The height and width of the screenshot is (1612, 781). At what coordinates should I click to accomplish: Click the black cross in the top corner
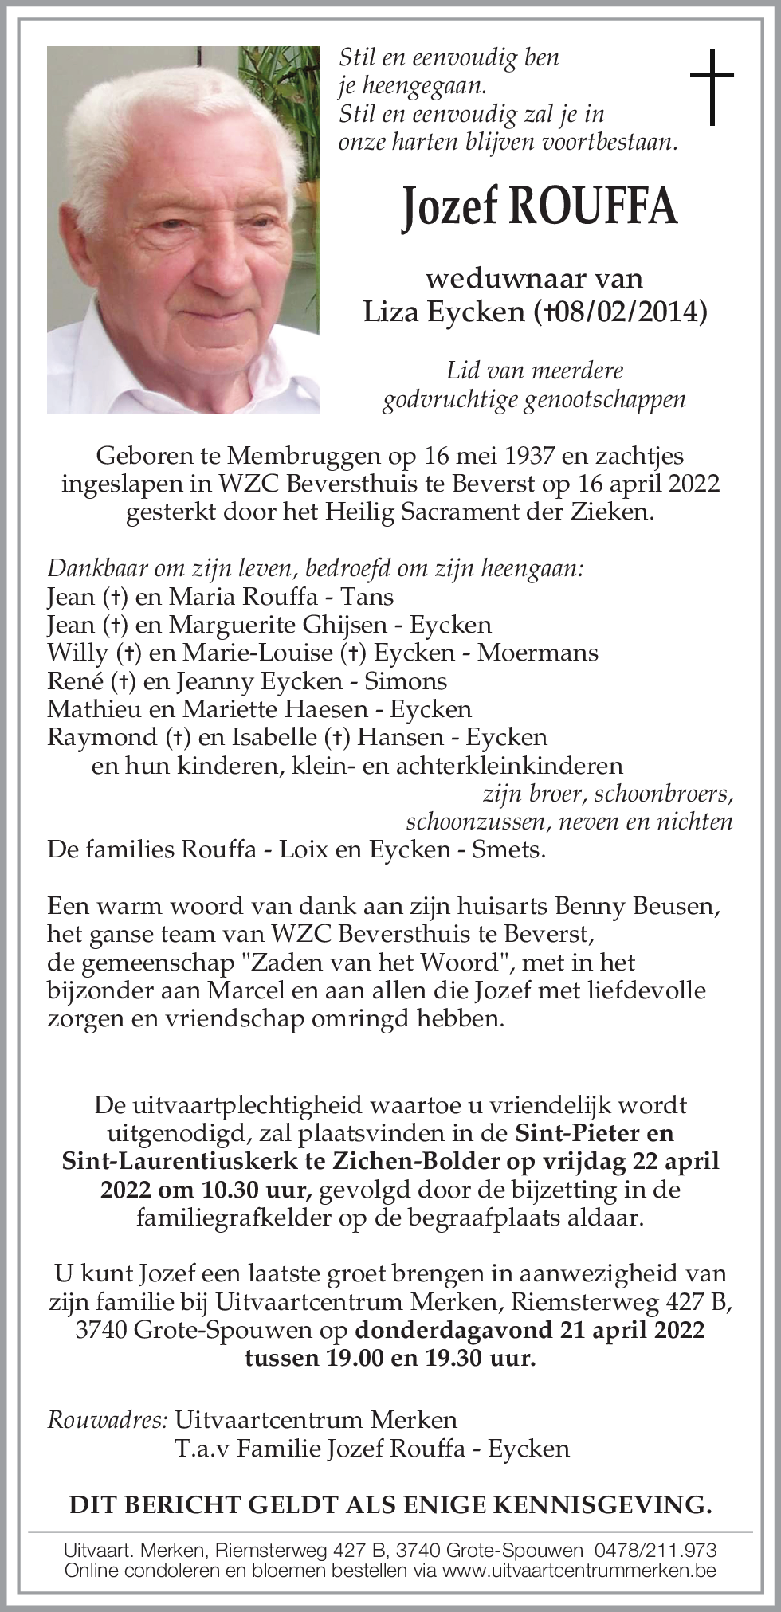point(711,87)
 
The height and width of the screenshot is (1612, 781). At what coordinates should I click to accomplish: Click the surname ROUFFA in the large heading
point(593,206)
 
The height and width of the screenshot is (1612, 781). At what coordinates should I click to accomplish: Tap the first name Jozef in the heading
point(449,207)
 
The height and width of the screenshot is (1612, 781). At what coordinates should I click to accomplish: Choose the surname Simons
point(406,680)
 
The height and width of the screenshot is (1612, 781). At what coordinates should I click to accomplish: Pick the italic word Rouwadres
point(107,1419)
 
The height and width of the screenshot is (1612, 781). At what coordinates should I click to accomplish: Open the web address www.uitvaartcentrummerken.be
point(579,1571)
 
